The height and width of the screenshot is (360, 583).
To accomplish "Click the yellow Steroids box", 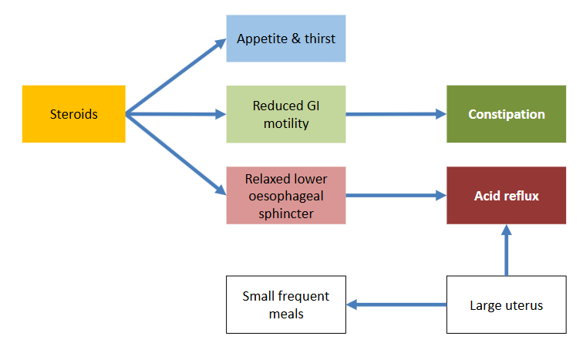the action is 73,114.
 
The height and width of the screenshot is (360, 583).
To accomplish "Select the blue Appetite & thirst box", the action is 286,39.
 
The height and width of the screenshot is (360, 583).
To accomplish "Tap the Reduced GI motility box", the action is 286,114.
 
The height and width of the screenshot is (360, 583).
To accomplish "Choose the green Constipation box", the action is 507,114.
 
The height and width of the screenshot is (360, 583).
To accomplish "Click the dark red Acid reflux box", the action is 507,196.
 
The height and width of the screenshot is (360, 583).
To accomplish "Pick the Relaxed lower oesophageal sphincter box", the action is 286,196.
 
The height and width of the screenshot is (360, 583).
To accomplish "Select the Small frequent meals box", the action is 286,304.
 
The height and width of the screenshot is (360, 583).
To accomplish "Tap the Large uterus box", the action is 507,304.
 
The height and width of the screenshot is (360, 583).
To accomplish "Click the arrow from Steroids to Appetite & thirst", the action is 176,76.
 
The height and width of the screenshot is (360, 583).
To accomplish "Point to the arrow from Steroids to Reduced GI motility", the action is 176,114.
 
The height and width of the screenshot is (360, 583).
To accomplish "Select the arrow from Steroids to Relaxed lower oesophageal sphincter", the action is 176,154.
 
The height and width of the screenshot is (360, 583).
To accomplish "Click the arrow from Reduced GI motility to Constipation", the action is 396,114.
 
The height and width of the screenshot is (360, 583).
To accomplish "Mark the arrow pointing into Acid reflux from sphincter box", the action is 396,196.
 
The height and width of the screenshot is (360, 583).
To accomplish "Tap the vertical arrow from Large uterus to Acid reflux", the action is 507,250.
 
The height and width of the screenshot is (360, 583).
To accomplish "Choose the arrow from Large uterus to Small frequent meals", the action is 396,304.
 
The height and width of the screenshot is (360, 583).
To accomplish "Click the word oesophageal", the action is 286,196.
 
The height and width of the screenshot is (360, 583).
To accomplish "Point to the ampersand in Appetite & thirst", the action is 296,39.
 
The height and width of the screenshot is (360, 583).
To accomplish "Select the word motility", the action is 286,123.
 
